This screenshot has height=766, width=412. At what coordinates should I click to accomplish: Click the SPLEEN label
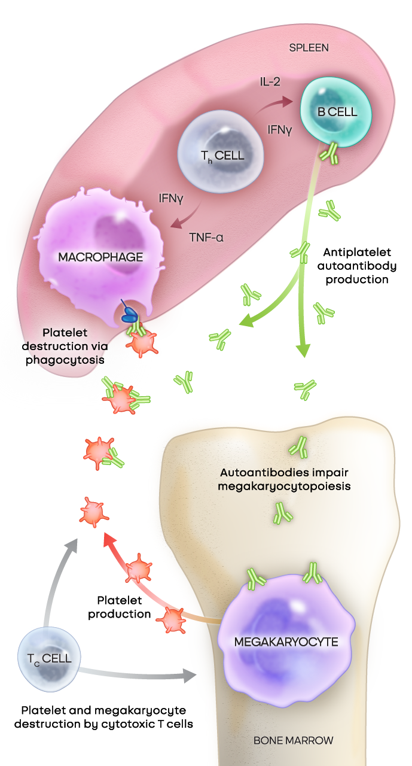coord(309,47)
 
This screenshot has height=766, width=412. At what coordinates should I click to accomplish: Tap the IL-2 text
coord(270,82)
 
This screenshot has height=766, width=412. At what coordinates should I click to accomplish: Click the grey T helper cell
coord(221,153)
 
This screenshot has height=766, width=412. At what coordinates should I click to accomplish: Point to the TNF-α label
coord(206,237)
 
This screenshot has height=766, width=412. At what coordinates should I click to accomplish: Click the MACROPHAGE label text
coord(100,257)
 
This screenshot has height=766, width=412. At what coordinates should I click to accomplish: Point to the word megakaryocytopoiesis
coord(284,485)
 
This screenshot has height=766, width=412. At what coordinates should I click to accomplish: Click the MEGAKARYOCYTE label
coord(286,642)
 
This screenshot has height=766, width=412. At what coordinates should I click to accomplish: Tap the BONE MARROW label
coord(293,740)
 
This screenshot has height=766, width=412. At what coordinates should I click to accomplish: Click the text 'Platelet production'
coord(124,606)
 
